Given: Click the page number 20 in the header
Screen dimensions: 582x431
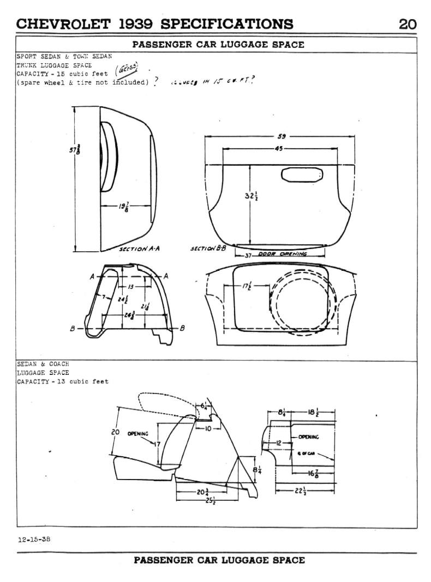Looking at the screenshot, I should point(408,24).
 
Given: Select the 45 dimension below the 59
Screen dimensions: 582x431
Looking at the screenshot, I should point(279,148).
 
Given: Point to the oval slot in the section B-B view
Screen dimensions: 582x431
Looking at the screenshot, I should point(302,175).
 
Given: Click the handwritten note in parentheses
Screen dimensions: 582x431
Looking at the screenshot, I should point(126,71).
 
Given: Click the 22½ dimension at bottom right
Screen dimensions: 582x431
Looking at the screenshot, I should point(300,492).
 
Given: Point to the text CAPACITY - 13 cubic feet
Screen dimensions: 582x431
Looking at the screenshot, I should point(63,381).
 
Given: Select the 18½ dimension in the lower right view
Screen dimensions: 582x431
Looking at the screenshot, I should point(315,413).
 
